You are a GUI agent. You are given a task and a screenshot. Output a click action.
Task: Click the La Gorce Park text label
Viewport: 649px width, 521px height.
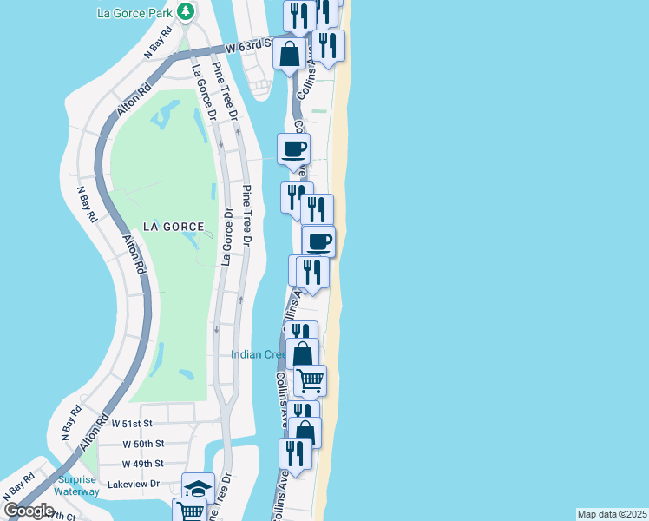134,12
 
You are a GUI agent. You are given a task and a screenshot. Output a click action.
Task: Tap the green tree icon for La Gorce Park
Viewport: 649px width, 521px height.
186,11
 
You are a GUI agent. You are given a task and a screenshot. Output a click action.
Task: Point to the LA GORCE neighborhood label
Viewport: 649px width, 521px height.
174,227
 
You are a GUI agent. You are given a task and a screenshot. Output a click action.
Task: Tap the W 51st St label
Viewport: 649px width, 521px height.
132,424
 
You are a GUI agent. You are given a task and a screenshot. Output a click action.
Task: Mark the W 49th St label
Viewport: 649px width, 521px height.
143,464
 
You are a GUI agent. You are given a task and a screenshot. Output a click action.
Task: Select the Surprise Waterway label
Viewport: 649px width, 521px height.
78,485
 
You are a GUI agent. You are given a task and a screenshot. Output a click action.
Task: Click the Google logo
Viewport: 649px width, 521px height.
29,511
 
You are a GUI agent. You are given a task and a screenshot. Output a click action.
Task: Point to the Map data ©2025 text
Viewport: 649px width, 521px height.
613,514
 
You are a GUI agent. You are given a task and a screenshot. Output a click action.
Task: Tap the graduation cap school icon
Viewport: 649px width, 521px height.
198,488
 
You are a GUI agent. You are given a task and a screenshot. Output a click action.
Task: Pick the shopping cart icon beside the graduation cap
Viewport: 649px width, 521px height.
189,510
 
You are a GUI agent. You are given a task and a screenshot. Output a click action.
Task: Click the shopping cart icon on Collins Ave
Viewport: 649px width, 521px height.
310,380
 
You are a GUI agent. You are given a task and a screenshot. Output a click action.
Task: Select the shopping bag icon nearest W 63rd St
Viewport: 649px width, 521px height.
289,53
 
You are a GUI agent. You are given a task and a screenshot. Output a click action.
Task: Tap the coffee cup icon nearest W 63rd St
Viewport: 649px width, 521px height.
293,148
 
